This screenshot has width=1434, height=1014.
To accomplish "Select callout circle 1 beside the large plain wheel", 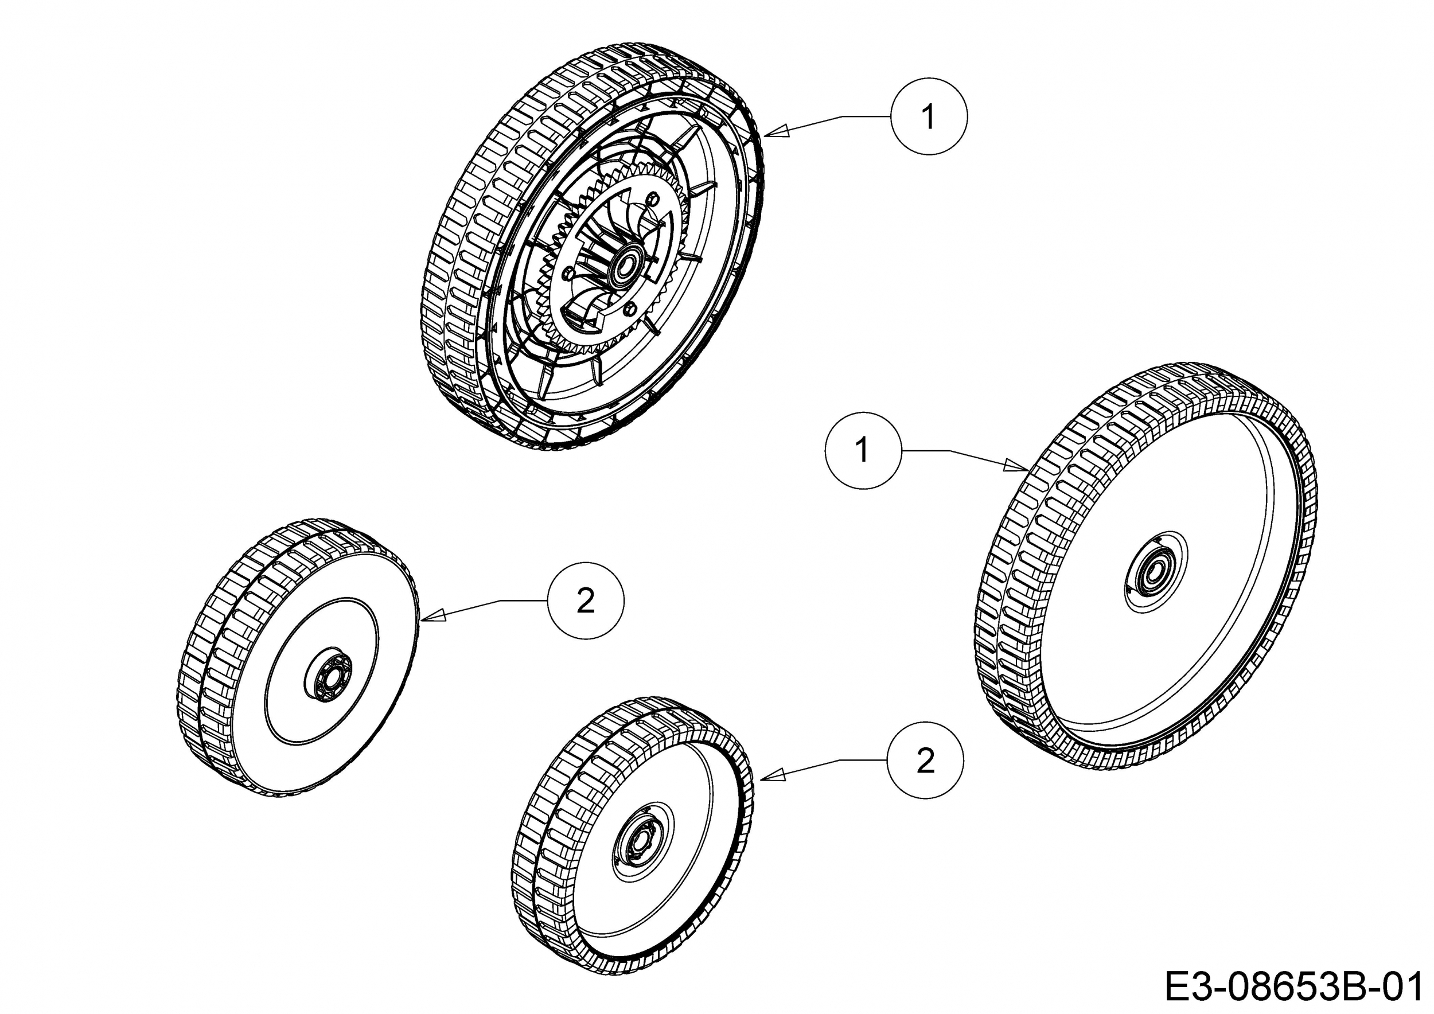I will pos(863,450).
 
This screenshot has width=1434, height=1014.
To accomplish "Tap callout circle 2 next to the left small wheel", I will pos(586,601).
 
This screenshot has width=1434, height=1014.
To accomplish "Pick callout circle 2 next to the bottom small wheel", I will pos(925,760).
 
